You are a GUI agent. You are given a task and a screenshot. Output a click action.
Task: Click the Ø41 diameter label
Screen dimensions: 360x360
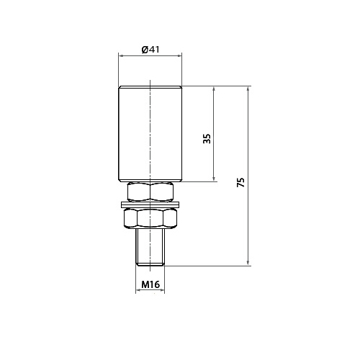coord(150,50)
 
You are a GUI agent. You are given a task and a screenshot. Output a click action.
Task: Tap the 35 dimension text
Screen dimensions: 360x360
coord(207,138)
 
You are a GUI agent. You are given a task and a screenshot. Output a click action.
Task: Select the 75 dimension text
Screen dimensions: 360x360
coord(240,182)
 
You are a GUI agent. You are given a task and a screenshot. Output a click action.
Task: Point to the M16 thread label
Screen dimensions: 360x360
coord(150,284)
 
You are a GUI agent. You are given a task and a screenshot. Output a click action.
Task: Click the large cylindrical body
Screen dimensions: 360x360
coord(150,134)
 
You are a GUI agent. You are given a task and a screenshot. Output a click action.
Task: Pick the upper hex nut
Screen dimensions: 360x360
coord(150,192)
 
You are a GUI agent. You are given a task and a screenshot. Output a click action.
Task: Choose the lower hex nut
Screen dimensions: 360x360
coord(150,218)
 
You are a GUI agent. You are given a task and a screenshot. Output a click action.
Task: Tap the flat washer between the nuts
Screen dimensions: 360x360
coord(150,204)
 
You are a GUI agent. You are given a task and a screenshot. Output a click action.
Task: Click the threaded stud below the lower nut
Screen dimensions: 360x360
coord(150,247)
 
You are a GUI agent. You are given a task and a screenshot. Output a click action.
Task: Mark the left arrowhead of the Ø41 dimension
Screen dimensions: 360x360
coord(120,56)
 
